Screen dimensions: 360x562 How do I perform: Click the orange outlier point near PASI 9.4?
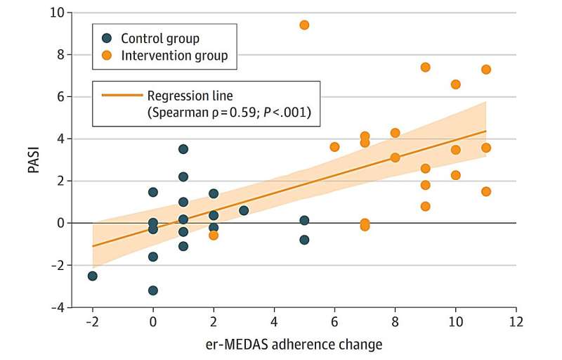coord(304,25)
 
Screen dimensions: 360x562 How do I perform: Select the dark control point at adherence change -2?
coord(93,276)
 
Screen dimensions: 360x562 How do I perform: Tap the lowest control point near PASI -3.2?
coord(153,290)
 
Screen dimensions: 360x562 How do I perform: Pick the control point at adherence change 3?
coord(244,210)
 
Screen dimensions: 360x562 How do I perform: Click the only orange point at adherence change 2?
coord(214,236)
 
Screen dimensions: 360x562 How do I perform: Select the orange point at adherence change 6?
coord(334,147)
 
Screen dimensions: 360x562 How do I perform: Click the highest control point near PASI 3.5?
coord(183,149)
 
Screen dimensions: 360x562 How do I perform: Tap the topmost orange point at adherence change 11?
coord(485,70)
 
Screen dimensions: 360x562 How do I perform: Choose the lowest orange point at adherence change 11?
coord(485,191)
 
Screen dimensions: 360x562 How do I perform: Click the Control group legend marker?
coord(106,38)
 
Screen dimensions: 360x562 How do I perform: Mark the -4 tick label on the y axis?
coord(58,307)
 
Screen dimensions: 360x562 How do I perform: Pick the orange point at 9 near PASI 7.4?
coord(425,67)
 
